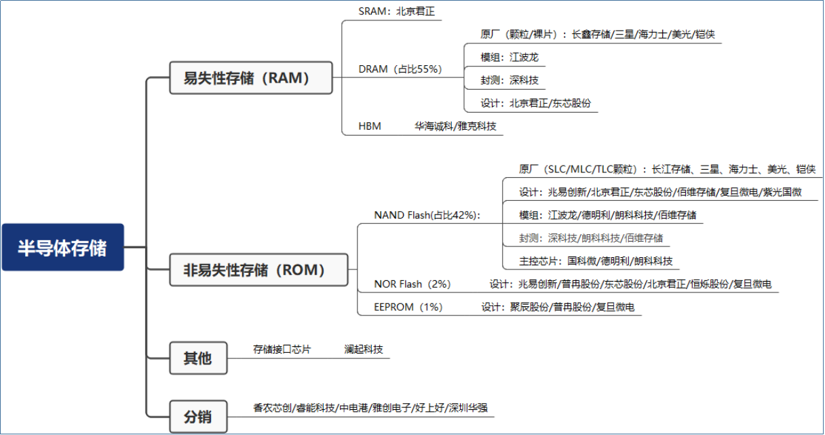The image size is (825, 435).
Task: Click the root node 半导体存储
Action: pos(62,247)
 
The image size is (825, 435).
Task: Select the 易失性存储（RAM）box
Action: pos(250,78)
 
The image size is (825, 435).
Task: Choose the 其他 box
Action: pos(198,358)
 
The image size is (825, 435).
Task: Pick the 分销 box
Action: pos(198,417)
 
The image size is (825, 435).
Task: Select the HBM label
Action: pos(370,126)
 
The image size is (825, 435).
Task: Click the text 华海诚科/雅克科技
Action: pos(455,126)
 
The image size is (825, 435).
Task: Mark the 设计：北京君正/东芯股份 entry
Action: pos(535,103)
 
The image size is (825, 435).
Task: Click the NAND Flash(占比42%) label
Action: pos(427,215)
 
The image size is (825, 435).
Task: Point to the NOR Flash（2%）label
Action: pos(412,284)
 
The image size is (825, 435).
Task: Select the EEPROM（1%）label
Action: pos(408,307)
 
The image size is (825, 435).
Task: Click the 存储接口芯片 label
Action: pos(282,349)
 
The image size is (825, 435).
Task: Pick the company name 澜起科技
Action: pos(364,349)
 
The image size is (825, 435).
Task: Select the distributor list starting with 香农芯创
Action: pos(370,408)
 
